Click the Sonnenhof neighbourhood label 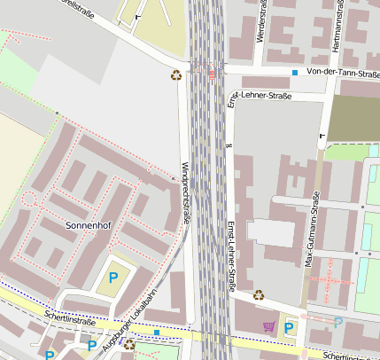pos(90,225)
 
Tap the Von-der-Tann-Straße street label pos(342,71)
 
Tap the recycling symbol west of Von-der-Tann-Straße pos(176,74)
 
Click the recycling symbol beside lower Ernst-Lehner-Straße pos(258,294)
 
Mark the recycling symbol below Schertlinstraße pos(128,343)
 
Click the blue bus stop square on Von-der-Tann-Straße pos(295,72)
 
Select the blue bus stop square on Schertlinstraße pos(157,333)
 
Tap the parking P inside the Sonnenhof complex pos(113,278)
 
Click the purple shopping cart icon pos(268,326)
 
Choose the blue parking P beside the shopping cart pos(289,328)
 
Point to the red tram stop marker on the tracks pos(211,74)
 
